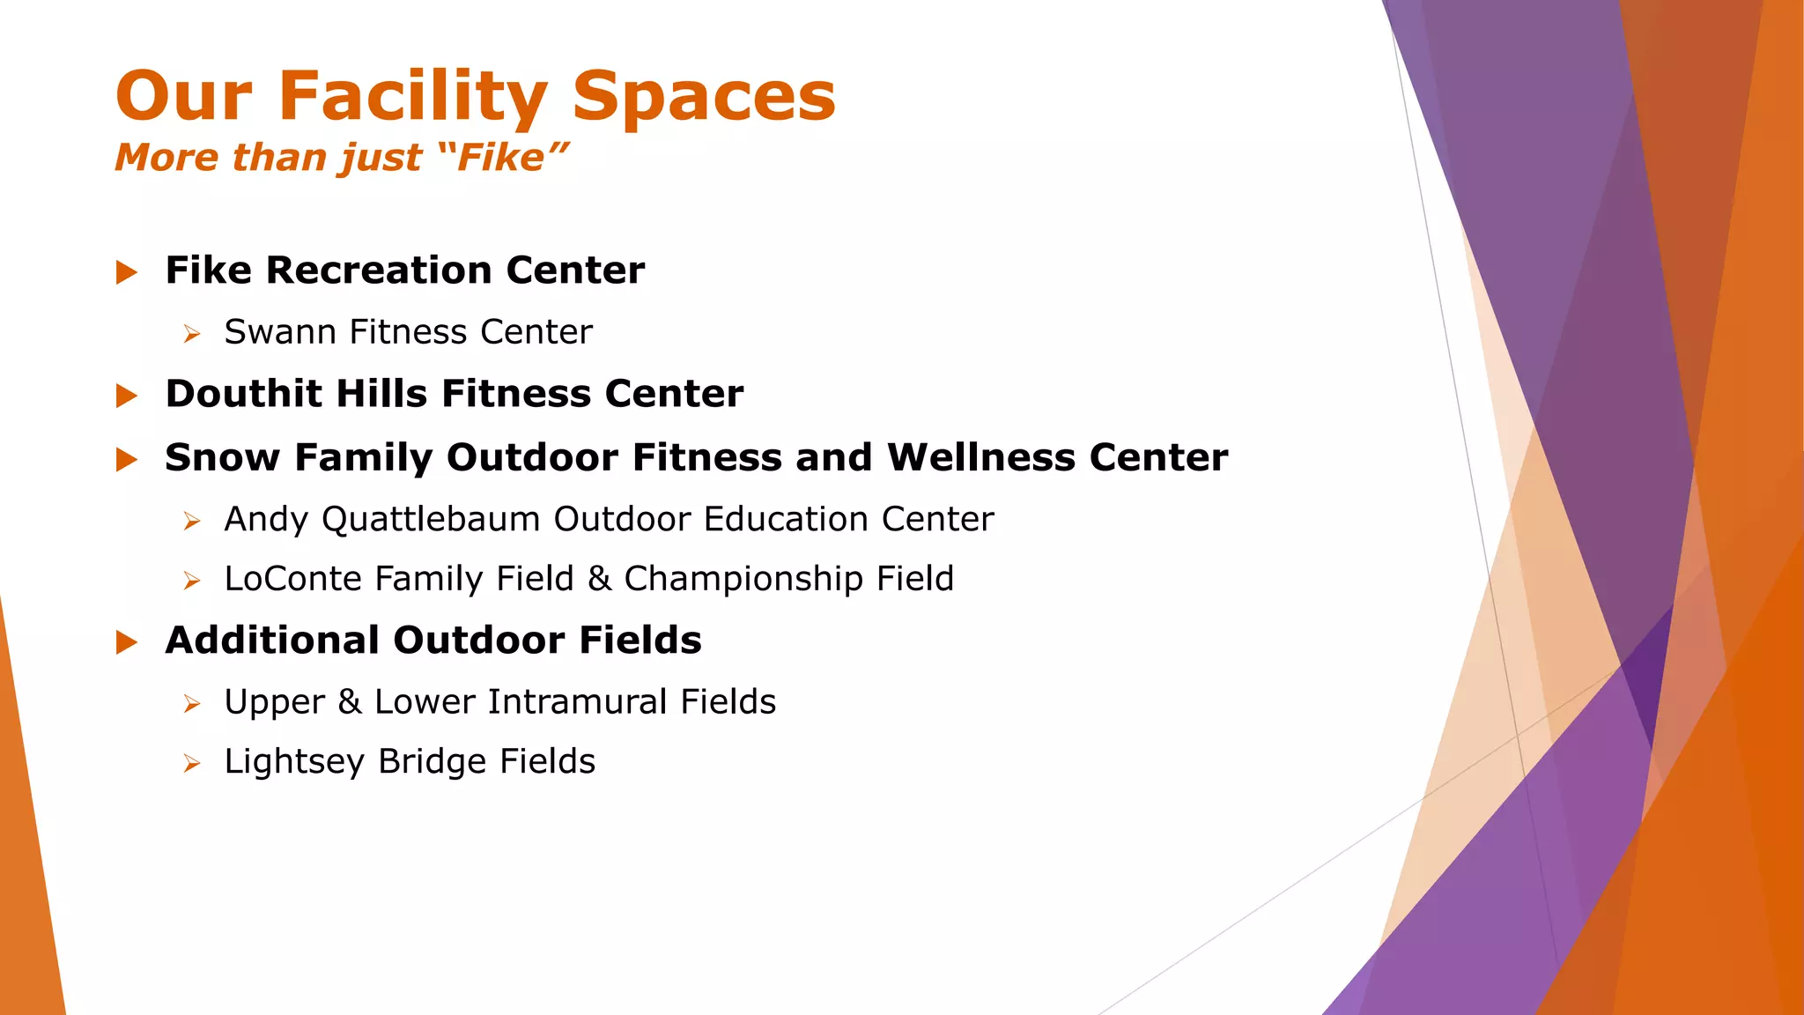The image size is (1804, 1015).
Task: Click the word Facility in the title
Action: pos(412,96)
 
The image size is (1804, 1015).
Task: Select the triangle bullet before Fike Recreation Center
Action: pos(127,272)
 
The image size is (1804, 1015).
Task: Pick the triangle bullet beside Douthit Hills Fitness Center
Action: pos(127,396)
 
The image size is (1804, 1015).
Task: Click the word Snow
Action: pos(222,458)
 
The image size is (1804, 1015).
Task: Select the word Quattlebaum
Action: pos(431,520)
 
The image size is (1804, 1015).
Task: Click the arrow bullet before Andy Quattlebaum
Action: pos(192,522)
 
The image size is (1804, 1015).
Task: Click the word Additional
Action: pos(272,641)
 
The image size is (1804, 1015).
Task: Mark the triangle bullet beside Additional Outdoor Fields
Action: pos(127,642)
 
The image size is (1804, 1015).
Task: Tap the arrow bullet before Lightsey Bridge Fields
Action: pos(192,763)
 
